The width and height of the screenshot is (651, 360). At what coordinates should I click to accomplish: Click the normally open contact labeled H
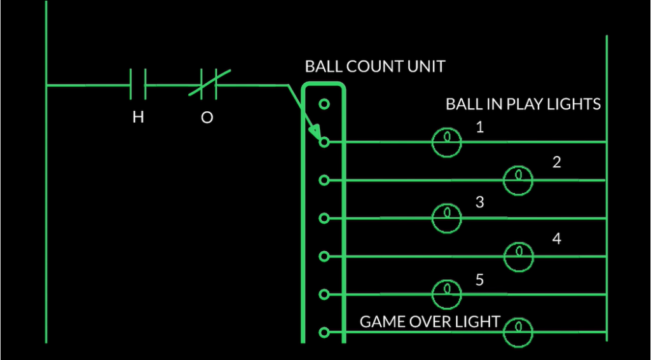pos(138,85)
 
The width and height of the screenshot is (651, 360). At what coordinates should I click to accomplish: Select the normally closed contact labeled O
pos(208,85)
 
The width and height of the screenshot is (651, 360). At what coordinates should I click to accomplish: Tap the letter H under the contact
pos(138,118)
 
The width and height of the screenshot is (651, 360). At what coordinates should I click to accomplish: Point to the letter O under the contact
pos(207,118)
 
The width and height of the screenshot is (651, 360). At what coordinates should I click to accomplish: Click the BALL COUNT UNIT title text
pos(375,66)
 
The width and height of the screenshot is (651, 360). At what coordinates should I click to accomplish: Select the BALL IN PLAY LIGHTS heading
pos(523,104)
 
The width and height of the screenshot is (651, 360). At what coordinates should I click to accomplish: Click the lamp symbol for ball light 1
pos(447,141)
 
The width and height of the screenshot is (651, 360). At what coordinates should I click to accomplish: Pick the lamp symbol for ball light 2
pos(518,180)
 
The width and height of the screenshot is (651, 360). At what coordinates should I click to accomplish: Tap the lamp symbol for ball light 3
pos(447,218)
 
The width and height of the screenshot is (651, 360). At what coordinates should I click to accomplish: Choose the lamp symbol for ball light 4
pos(519,256)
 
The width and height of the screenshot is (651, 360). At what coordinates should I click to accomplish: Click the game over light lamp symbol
pos(518,331)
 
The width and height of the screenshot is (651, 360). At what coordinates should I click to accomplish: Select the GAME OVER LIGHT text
pos(430,322)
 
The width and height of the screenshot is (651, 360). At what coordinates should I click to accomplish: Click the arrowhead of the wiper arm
pos(315,134)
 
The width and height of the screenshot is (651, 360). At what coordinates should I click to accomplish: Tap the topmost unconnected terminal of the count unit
pos(324,104)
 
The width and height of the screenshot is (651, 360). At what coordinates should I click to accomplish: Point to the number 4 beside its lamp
pos(557,239)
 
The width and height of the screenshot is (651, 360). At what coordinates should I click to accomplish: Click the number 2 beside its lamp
pos(557,162)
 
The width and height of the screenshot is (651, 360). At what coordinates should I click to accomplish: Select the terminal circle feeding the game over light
pos(324,332)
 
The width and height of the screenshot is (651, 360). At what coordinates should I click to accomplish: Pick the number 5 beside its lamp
pos(480,279)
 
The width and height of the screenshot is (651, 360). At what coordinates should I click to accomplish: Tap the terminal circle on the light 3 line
pos(324,218)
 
